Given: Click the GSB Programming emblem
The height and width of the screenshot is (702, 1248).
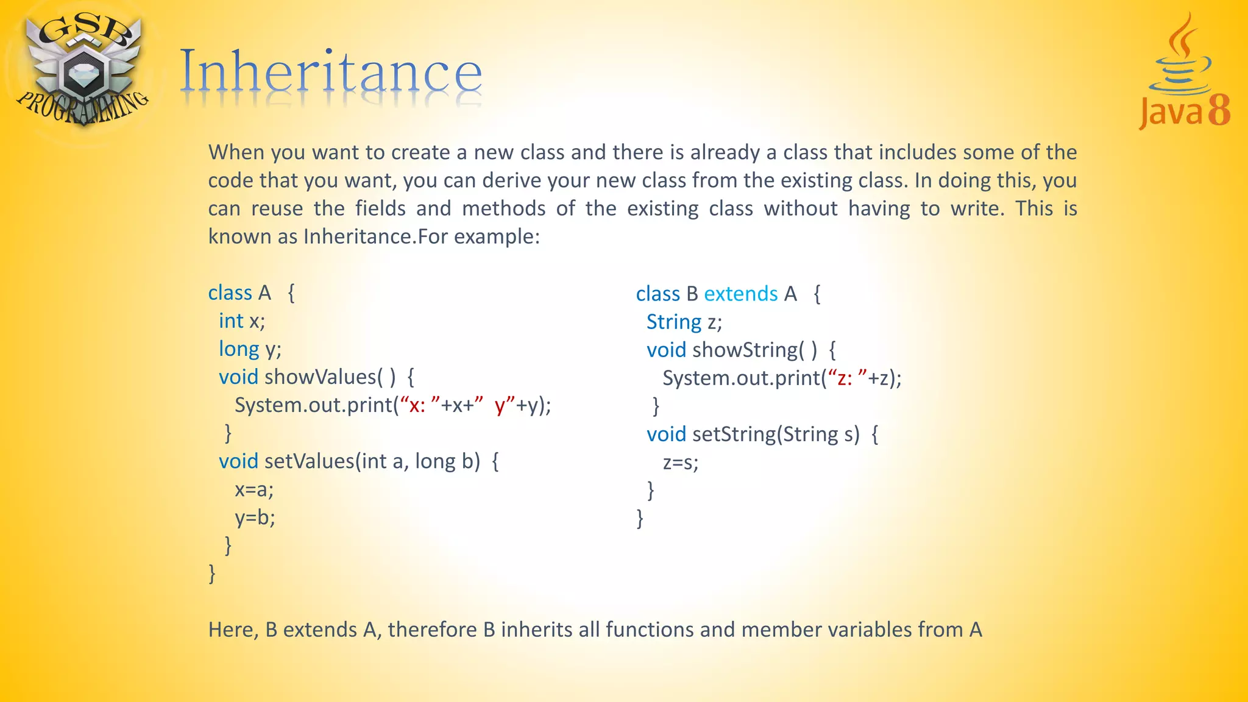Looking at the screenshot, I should click(x=82, y=70).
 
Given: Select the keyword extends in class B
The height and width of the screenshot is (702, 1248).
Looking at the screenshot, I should click(x=740, y=294).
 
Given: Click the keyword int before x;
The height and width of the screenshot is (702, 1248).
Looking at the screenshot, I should click(x=231, y=321).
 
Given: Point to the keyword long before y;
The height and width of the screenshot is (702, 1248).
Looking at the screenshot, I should click(x=239, y=349).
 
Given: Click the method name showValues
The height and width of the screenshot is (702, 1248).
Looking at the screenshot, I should click(x=320, y=377).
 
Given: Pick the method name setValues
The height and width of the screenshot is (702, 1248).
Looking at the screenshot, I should click(x=309, y=461).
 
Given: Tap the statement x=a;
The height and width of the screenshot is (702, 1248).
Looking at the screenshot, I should click(x=254, y=489).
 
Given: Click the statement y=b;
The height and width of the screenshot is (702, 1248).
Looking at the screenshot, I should click(x=255, y=517).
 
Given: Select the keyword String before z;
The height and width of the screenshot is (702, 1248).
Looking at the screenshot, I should click(x=673, y=322).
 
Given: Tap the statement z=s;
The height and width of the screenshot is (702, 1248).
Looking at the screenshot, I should click(x=680, y=463).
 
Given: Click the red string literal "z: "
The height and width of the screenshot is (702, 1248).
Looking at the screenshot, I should click(x=847, y=378).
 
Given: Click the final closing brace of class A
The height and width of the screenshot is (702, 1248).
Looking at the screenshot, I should click(x=212, y=573).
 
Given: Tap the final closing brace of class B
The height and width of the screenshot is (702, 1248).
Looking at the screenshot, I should click(x=640, y=518).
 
